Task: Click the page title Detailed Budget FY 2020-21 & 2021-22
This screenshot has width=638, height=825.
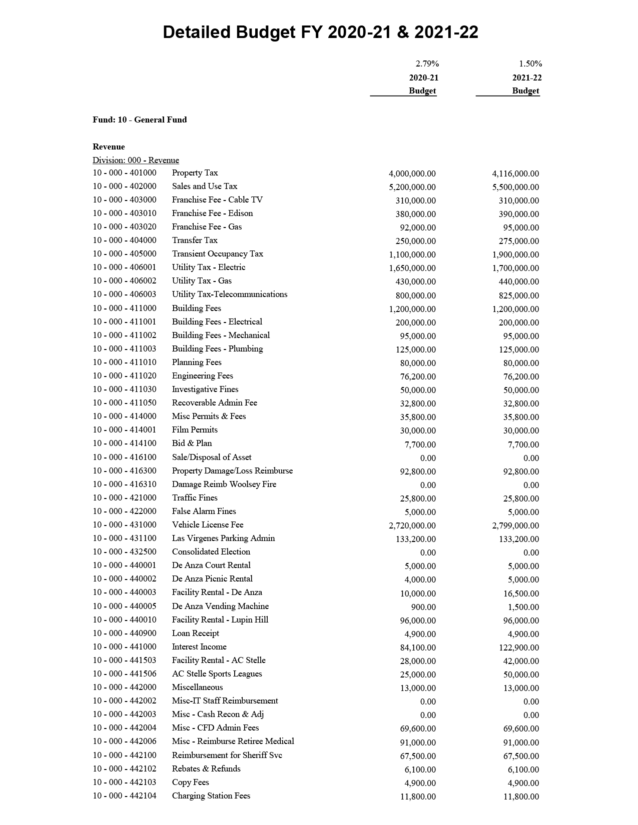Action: [320, 32]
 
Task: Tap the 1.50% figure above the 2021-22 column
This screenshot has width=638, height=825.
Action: [530, 63]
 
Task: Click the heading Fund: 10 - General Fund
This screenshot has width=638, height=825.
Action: [140, 119]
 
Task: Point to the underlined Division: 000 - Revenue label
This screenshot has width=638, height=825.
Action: [136, 160]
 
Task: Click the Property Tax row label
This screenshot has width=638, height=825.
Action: [195, 173]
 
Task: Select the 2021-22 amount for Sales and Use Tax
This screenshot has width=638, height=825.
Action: [515, 187]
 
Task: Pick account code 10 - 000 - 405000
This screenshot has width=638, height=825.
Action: [124, 254]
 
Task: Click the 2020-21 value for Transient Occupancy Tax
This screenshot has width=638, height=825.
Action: [412, 254]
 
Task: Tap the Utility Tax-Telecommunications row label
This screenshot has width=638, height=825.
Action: [229, 294]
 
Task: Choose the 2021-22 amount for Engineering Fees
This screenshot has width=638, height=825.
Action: [521, 376]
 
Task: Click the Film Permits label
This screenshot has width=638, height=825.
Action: [194, 430]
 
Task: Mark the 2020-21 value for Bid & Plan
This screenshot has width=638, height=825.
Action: [420, 444]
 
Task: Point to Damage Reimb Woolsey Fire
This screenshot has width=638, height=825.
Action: [224, 484]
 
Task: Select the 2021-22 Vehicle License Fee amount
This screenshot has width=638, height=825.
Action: [515, 525]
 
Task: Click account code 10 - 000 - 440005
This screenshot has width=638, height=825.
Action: [124, 606]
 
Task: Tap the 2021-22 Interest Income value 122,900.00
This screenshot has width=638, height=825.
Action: [518, 647]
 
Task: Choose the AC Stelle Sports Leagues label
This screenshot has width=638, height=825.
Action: [217, 674]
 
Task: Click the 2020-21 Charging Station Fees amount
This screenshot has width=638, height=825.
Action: [418, 796]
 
